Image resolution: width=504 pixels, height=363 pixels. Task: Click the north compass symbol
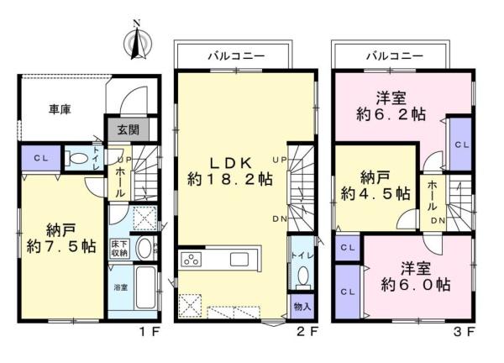[138, 42]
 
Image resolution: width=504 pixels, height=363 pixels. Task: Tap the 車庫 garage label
[60, 109]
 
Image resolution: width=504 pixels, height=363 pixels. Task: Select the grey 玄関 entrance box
[128, 129]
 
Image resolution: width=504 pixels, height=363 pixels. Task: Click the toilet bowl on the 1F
[77, 158]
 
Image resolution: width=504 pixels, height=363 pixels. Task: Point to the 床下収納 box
[119, 248]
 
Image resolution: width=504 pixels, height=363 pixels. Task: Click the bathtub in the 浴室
[146, 287]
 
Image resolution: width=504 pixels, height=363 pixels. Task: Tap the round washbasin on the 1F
[144, 248]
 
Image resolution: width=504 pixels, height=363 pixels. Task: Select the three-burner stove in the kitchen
[191, 259]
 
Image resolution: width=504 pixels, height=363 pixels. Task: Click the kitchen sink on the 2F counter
[239, 259]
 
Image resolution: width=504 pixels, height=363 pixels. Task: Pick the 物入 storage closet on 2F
[302, 306]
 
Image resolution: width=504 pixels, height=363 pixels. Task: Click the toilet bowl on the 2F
[302, 276]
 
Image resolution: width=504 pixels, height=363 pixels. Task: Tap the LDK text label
[230, 163]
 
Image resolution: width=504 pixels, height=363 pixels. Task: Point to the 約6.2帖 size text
[391, 114]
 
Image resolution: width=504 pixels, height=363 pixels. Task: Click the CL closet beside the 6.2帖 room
[460, 144]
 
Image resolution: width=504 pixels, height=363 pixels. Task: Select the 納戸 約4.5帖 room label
[375, 186]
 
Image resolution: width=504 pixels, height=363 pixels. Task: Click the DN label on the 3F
[438, 221]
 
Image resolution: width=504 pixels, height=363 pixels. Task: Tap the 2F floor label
[307, 332]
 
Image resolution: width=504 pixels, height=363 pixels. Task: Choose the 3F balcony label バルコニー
[395, 56]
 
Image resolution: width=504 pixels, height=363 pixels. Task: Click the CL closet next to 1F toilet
[41, 158]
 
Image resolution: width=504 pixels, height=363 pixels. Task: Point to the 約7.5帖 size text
[61, 246]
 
